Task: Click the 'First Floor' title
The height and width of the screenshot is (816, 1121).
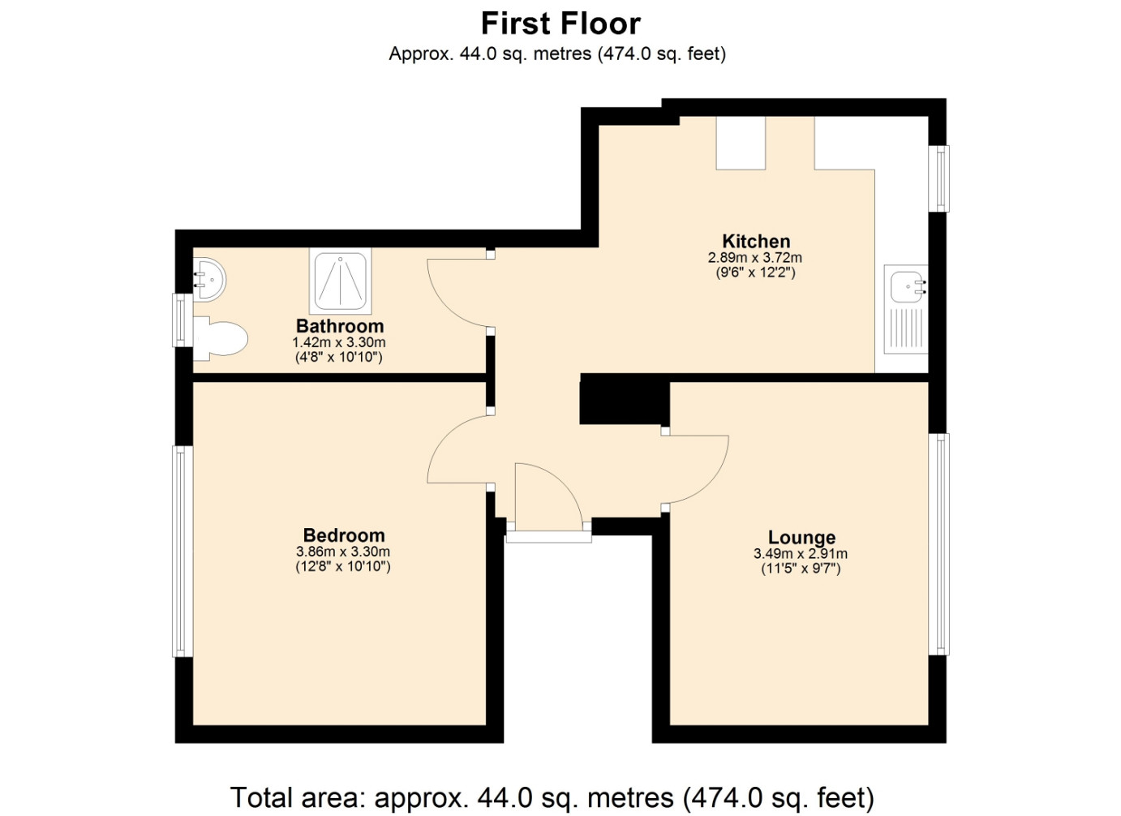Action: [560, 24]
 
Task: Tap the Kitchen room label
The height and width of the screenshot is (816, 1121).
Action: [756, 241]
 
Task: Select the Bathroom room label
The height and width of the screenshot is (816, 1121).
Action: [340, 326]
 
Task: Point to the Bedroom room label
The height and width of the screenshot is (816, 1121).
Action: [344, 535]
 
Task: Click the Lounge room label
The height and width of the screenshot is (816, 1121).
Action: [801, 537]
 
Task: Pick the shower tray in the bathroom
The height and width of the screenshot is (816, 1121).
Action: [341, 281]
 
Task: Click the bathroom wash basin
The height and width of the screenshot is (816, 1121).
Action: [209, 279]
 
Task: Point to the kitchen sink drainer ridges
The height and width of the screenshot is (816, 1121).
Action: [906, 328]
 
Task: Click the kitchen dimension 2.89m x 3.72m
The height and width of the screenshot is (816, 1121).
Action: [754, 258]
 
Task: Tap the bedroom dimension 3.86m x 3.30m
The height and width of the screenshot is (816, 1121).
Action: [343, 552]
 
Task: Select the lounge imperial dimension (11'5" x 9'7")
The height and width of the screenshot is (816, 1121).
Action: [801, 569]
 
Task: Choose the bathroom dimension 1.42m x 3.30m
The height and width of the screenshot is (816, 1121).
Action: [339, 342]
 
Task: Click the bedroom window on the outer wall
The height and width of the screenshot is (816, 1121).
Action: [183, 551]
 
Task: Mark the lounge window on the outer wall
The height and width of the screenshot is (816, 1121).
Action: [939, 543]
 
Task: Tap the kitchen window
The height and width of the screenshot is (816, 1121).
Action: [939, 178]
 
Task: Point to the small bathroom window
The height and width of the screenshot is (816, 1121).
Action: [183, 320]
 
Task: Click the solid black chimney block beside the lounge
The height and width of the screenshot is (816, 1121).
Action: [625, 399]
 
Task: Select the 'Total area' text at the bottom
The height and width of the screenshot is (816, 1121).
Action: [552, 797]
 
